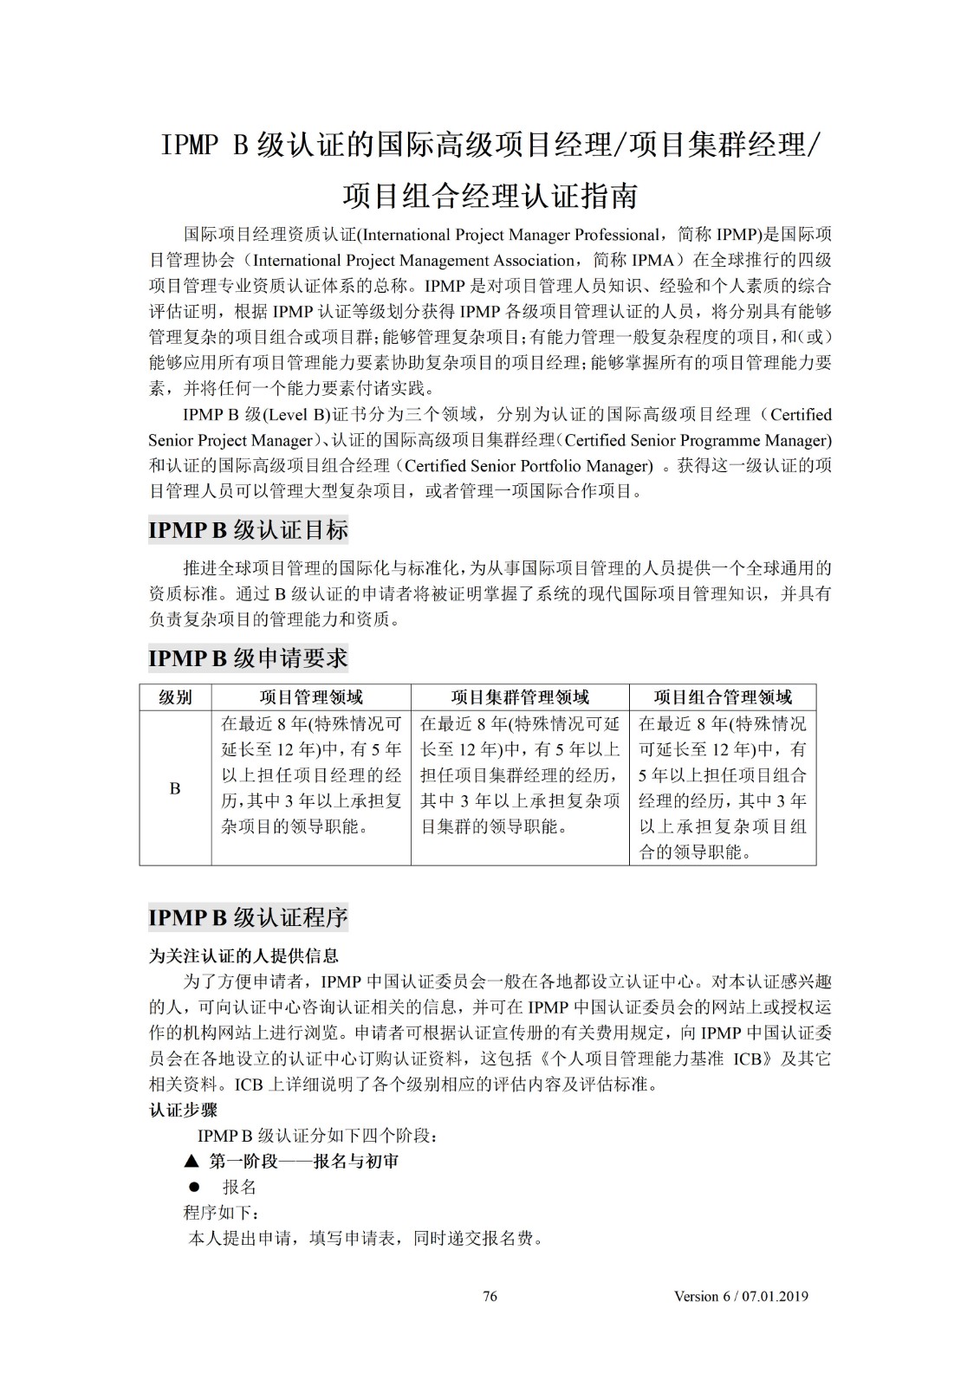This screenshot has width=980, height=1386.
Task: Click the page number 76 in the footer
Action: tap(490, 1296)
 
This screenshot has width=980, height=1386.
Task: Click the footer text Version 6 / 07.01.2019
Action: tap(741, 1296)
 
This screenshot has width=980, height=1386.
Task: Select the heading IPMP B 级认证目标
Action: tap(248, 530)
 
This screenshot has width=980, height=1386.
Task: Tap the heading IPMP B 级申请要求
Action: tap(248, 658)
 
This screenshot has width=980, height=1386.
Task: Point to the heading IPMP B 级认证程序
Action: tap(248, 917)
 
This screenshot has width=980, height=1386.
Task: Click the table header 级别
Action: tap(175, 697)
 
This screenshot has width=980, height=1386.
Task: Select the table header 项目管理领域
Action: tap(311, 697)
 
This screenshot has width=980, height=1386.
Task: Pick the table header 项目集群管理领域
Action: tap(520, 697)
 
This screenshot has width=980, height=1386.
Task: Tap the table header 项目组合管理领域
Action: tap(723, 697)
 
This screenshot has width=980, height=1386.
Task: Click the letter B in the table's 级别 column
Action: tap(175, 788)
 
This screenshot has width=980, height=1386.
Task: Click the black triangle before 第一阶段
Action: tap(191, 1161)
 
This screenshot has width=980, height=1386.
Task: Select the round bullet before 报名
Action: tap(195, 1187)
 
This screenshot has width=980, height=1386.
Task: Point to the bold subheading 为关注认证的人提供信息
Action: tap(243, 955)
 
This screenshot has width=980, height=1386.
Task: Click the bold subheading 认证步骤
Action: tap(183, 1110)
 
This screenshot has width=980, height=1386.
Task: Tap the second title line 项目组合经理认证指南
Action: tap(490, 196)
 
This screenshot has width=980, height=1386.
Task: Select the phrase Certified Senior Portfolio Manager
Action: tap(529, 466)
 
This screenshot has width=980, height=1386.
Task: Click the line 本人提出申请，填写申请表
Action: tap(364, 1238)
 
